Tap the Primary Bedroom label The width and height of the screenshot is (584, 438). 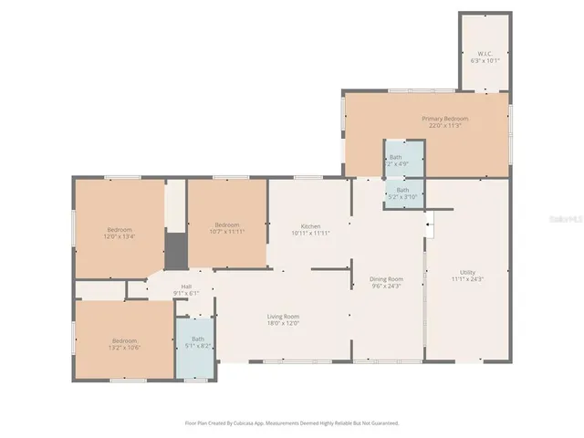[444, 119]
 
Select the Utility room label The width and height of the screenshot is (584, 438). [467, 272]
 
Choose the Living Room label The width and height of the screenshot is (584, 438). [284, 316]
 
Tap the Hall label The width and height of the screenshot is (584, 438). [186, 286]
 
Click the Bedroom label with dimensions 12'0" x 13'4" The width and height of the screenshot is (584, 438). [120, 229]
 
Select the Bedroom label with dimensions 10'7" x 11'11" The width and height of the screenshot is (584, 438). [227, 224]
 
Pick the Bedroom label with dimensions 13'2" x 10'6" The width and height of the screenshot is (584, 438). [124, 340]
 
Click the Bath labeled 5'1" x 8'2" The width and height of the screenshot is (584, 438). [198, 339]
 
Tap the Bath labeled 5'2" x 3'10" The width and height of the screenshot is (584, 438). [402, 190]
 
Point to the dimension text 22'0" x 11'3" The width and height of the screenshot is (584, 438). [444, 126]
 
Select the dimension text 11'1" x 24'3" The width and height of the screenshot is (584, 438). [467, 279]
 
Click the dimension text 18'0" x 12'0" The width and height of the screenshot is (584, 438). [284, 323]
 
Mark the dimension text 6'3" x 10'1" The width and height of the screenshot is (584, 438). [484, 60]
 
